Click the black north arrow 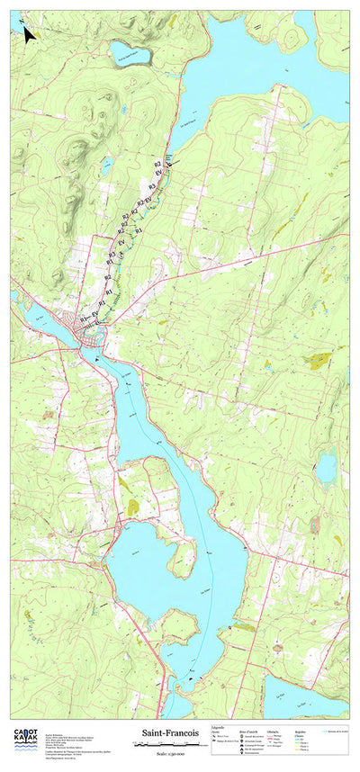tap(29, 34)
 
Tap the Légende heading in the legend tap(219, 726)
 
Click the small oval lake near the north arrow tap(130, 53)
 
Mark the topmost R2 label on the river tap(157, 163)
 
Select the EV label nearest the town tap(94, 315)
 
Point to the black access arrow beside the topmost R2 tap(171, 161)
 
